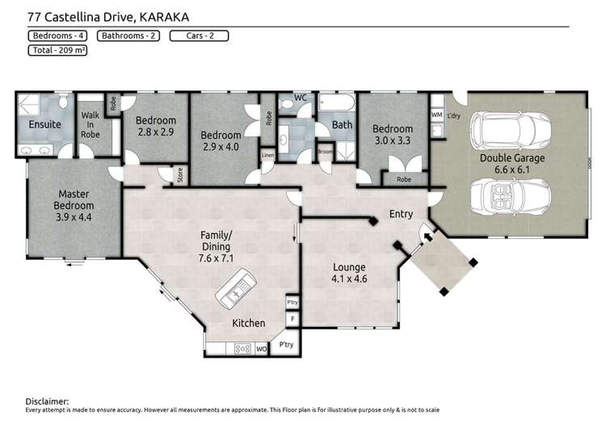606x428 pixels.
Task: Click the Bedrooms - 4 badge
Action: click(x=58, y=36)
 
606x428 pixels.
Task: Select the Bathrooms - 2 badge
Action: click(x=128, y=36)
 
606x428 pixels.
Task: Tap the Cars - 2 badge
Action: click(x=198, y=36)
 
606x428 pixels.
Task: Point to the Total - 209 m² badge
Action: click(x=58, y=50)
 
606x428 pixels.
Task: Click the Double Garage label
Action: click(x=512, y=158)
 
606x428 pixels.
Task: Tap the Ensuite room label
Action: click(x=44, y=124)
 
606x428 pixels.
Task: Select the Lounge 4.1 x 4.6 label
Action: click(x=349, y=272)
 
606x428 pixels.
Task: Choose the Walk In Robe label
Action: click(x=90, y=126)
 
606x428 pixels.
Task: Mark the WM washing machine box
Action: click(x=436, y=116)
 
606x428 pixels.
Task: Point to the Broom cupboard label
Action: click(x=325, y=151)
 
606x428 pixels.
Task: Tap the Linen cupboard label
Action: click(x=267, y=154)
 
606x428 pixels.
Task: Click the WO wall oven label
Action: click(x=261, y=349)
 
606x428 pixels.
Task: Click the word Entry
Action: click(x=401, y=214)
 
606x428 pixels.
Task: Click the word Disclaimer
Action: click(x=48, y=401)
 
